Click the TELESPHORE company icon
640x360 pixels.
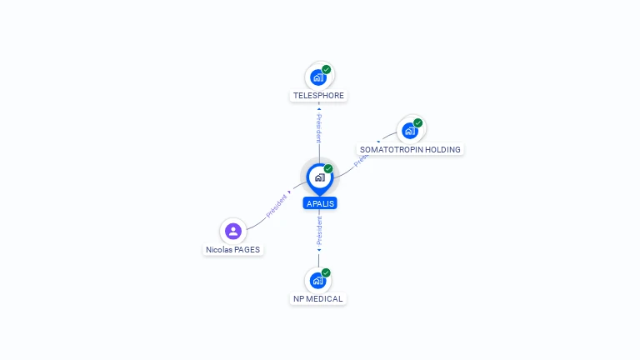[x=317, y=77]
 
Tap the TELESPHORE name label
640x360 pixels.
[x=318, y=96]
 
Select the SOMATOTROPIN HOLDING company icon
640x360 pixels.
[x=409, y=131]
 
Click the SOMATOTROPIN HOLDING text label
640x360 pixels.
[x=410, y=150]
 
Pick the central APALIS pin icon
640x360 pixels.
[x=319, y=177]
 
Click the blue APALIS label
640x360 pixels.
[x=320, y=203]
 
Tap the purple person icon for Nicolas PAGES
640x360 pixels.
[x=233, y=231]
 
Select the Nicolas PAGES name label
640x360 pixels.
[x=233, y=250]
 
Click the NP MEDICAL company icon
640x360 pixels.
[x=317, y=280]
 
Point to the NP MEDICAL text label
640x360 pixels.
[x=317, y=299]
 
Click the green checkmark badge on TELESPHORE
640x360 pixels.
[x=327, y=70]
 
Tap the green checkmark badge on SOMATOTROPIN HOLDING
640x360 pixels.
[x=418, y=123]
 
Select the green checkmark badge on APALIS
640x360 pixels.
[x=328, y=169]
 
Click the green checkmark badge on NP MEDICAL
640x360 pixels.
[x=327, y=272]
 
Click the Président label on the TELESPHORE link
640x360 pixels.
[x=318, y=129]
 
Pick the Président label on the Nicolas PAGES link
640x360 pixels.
[x=277, y=207]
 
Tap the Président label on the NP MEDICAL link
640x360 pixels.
[x=318, y=232]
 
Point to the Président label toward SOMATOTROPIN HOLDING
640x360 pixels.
[x=364, y=157]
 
